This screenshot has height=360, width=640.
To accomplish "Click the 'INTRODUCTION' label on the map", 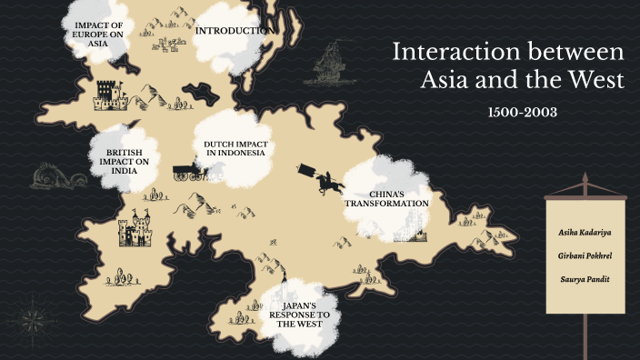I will [235, 31].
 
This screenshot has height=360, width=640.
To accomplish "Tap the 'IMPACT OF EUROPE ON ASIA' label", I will [97, 33].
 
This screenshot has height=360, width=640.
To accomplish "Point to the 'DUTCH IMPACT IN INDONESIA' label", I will [235, 148].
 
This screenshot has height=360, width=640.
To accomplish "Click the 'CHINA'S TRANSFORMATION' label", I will [385, 199].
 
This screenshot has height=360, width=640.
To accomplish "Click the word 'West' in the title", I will [593, 79].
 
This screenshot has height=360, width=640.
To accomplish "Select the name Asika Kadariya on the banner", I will [583, 233].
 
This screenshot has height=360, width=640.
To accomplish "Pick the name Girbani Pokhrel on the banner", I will [583, 255].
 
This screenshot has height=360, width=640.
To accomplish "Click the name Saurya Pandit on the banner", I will [583, 278].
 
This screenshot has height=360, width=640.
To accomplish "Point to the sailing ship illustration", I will [334, 64].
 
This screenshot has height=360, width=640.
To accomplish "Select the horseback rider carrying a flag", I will [320, 177].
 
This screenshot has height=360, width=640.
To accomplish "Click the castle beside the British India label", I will [135, 230].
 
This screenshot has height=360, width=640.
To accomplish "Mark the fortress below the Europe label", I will [107, 93].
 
